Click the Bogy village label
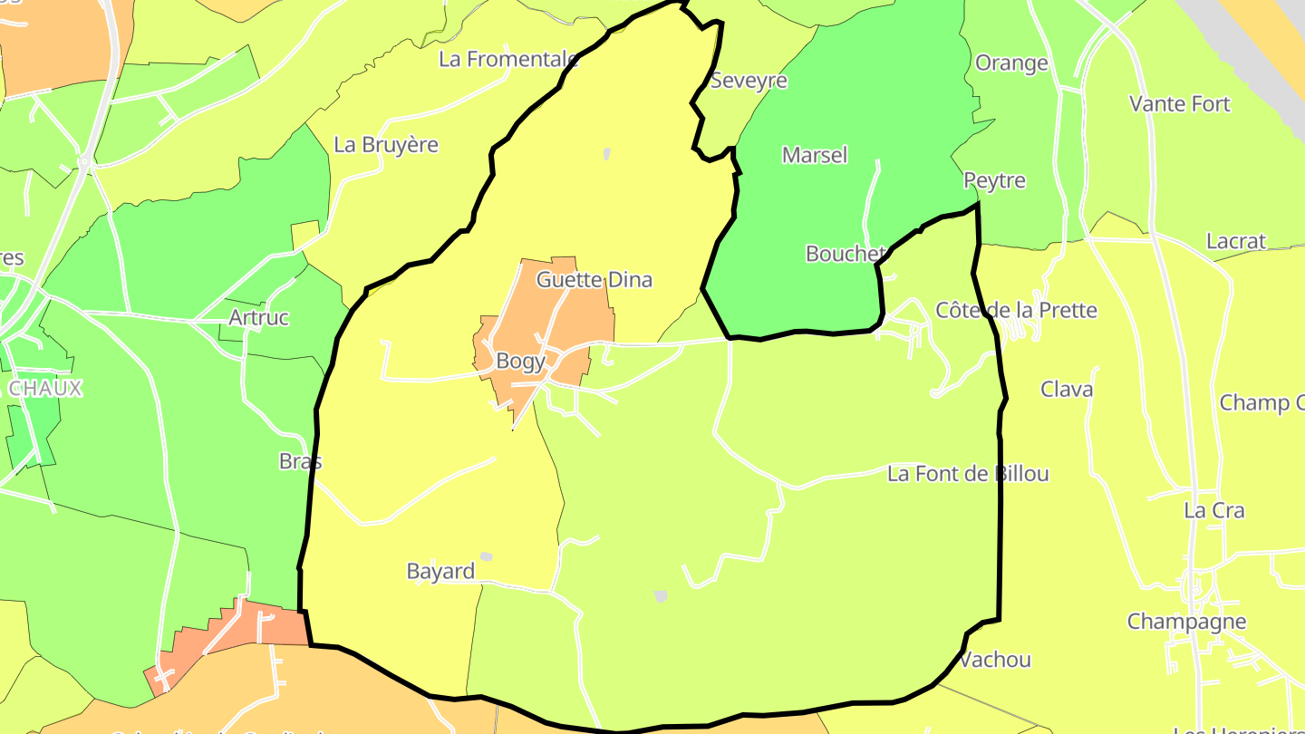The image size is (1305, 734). coord(520,362)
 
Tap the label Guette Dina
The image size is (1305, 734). coord(594,280)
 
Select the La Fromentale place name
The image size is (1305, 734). coord(507,59)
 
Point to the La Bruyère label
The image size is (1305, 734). coord(386,145)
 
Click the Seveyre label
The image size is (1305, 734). coord(749,81)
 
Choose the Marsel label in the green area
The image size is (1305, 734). coord(815,155)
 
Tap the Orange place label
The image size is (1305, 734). coord(1011,63)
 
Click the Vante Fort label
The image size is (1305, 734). coord(1179,104)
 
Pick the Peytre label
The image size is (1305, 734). coord(994,180)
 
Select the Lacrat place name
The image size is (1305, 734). coord(1235,242)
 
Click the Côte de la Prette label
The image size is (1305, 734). coord(1016,311)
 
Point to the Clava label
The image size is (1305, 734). coord(1067,390)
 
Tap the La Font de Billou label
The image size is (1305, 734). coord(968,474)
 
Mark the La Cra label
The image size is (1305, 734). coord(1213,511)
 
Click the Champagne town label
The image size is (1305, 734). coord(1186,622)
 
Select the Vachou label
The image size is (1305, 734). coord(995,660)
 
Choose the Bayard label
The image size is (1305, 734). coord(440,572)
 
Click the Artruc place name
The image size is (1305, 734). coord(258,318)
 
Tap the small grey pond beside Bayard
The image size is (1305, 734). coord(487,556)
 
